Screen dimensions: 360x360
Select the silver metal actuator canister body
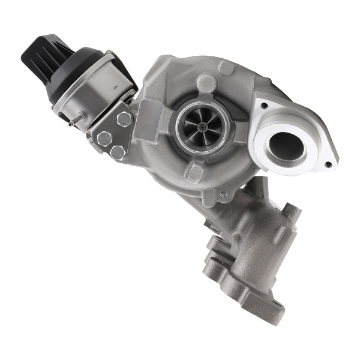coord(90,90)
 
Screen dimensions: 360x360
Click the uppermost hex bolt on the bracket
coord(124,119)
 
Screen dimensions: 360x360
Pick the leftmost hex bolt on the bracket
coord(104,139)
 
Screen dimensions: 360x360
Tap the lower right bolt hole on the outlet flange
coord(327,162)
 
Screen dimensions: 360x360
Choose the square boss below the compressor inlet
coord(194,173)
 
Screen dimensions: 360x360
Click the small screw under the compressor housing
coord(223,195)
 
